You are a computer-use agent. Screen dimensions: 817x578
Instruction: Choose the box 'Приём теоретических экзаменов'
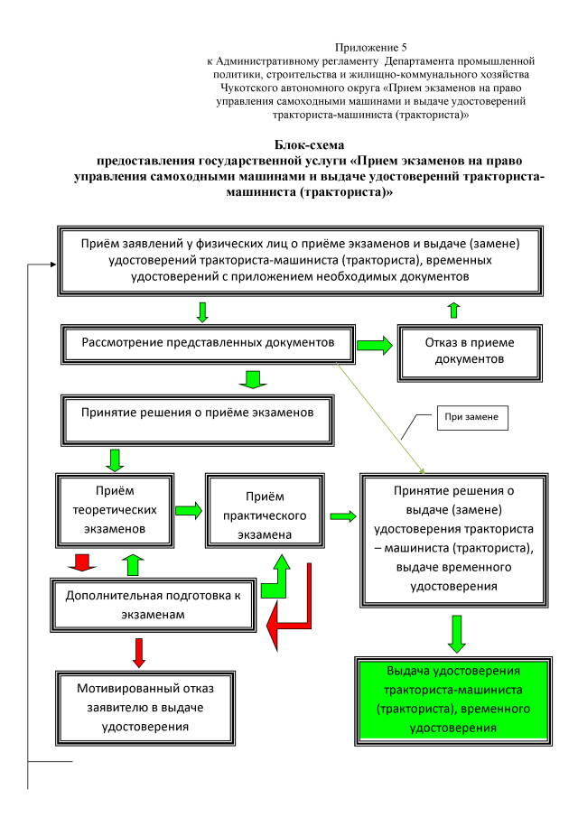(114, 508)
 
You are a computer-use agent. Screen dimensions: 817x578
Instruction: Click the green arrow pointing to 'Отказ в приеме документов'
(375, 344)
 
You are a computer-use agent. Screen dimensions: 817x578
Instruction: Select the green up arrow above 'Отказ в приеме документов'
(453, 310)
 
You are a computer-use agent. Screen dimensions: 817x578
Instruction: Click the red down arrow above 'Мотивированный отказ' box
(139, 652)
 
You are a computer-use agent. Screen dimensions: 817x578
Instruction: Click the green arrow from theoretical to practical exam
(188, 510)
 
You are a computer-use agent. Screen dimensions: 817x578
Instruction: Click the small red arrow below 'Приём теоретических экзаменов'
(82, 564)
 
